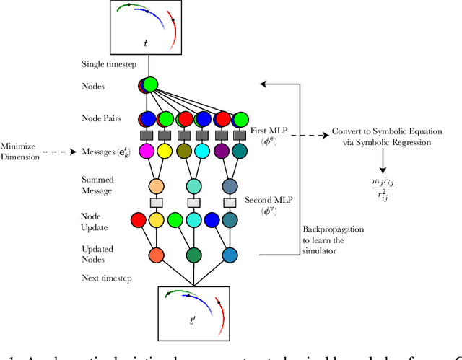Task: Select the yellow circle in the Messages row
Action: click(x=164, y=152)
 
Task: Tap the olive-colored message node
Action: click(x=184, y=152)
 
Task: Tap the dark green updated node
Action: click(x=193, y=255)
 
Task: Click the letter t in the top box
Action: click(x=146, y=44)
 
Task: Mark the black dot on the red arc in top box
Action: click(x=173, y=20)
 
